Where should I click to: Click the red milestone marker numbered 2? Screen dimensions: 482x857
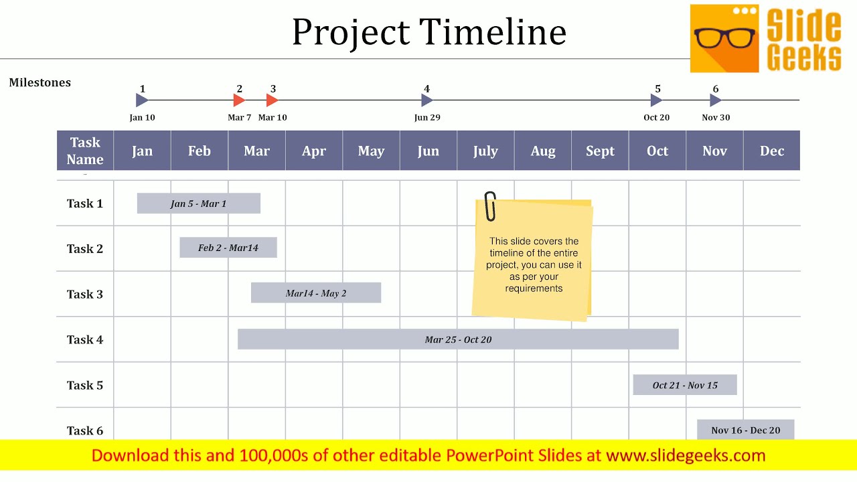[x=239, y=100]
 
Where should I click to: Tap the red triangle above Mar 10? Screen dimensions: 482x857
[x=272, y=100]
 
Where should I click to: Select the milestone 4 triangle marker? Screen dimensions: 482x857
[x=427, y=100]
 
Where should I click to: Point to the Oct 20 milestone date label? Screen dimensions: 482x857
[x=656, y=117]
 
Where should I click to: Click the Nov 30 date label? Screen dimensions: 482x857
[x=716, y=117]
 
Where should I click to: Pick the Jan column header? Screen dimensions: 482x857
[x=142, y=151]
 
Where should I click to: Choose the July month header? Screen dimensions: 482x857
[x=485, y=151]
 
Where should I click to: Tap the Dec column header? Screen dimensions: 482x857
[x=771, y=151]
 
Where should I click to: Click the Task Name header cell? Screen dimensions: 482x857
[x=85, y=151]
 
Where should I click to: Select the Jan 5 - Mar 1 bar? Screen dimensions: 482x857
[x=198, y=204]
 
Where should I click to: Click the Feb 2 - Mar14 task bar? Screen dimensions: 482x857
[x=228, y=248]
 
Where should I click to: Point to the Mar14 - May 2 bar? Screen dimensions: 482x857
[x=316, y=293]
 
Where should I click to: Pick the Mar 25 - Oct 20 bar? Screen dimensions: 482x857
[x=458, y=339]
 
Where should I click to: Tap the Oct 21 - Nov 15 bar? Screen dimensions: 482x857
[x=685, y=385]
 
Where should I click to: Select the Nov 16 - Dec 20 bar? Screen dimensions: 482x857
[x=745, y=430]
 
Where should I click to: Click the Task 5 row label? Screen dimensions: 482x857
[x=85, y=385]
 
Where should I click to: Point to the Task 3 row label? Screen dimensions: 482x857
[x=85, y=294]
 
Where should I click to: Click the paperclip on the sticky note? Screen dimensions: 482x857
[x=490, y=206]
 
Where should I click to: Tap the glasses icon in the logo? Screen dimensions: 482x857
[x=724, y=37]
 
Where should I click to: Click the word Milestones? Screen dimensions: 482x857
[x=40, y=82]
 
